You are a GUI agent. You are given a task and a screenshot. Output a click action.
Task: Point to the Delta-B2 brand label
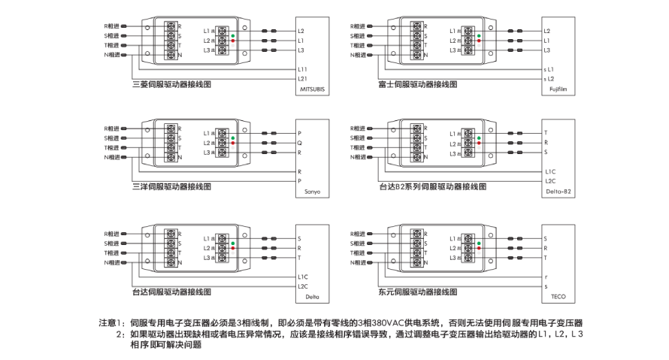coord(557,192)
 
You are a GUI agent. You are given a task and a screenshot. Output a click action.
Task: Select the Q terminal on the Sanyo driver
coord(300,143)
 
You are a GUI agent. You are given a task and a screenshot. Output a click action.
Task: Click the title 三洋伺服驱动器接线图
coord(171,186)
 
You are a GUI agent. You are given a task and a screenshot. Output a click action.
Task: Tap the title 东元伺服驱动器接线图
coord(418,291)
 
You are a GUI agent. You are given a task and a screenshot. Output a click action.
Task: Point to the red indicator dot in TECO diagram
coord(479,248)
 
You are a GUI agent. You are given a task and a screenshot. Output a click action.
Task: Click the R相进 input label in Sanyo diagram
coord(111,129)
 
